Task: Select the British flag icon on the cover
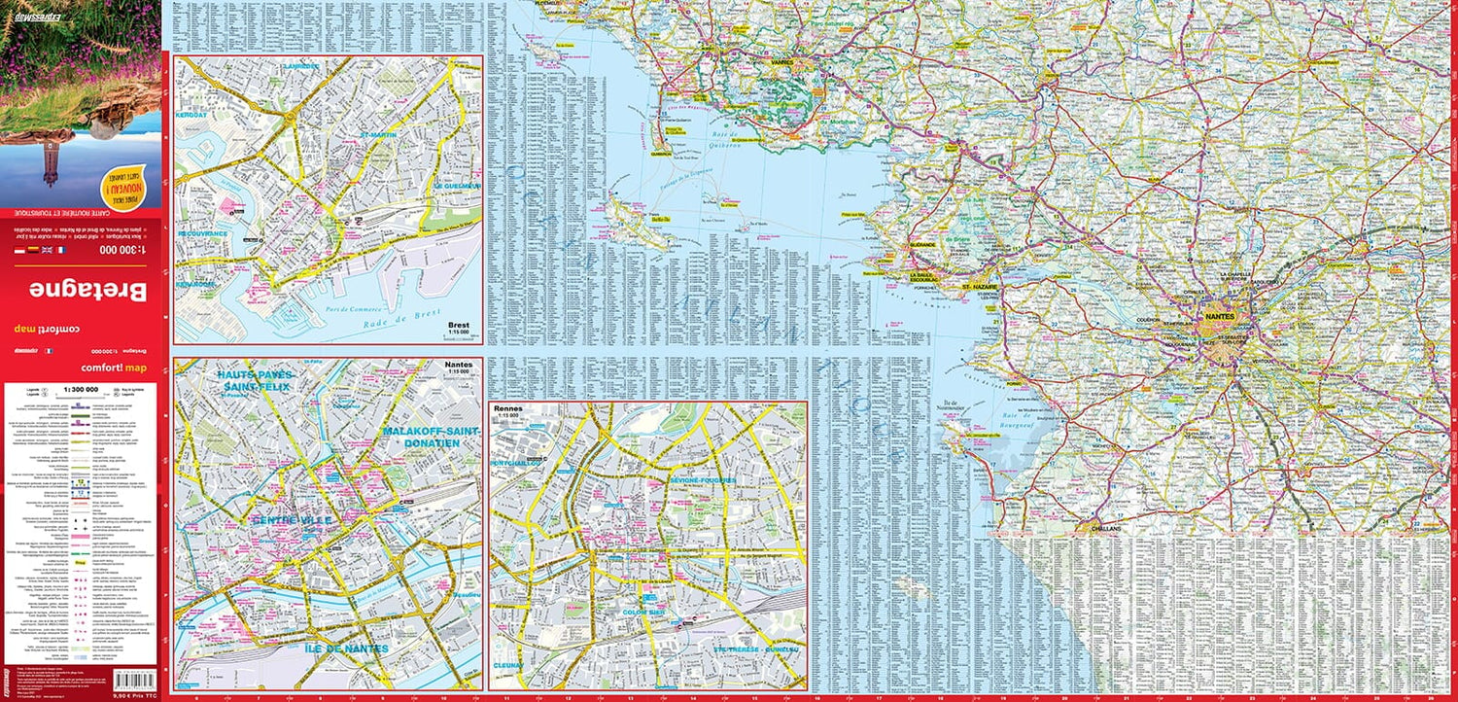45,251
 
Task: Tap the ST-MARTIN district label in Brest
380,134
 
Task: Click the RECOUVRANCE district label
202,233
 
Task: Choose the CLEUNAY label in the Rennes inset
507,665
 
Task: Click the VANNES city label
782,61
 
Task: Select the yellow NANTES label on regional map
1219,317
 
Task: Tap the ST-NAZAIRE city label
981,288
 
